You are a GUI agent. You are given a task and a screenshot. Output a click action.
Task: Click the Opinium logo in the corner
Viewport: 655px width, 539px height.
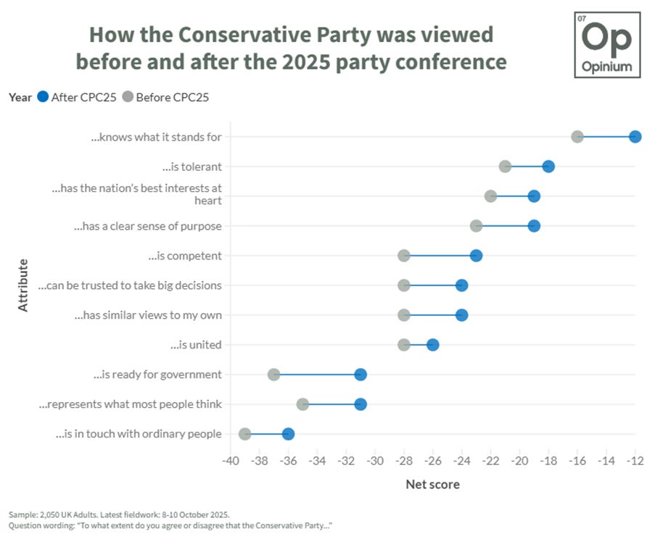pos(607,45)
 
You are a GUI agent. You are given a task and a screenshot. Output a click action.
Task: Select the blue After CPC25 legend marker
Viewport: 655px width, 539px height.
pos(43,97)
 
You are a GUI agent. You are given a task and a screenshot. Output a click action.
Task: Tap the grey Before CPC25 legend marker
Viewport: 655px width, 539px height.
pos(128,97)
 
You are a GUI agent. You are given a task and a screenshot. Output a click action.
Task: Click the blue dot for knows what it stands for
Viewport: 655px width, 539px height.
pos(635,137)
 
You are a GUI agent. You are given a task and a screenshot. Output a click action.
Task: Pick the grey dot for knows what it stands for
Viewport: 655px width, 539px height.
pos(577,137)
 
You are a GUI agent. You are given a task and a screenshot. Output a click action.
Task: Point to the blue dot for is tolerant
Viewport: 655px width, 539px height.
pos(548,167)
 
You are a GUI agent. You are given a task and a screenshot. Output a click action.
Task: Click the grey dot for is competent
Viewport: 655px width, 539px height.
pos(404,256)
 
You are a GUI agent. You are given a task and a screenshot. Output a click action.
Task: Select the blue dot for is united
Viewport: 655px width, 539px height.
pos(433,345)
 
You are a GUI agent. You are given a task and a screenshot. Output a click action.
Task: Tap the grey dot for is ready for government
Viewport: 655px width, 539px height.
pos(273,375)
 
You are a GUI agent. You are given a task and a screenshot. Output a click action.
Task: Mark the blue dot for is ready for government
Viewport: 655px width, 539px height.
pos(361,375)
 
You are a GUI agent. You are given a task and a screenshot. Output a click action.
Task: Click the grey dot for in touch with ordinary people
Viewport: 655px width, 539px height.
pos(245,434)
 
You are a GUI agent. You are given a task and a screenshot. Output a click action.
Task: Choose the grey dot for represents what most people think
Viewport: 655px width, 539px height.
pos(302,404)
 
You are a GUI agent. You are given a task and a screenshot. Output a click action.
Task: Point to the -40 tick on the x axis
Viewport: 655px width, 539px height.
pos(231,461)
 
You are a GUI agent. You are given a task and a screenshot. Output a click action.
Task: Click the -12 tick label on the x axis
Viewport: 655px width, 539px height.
pos(635,461)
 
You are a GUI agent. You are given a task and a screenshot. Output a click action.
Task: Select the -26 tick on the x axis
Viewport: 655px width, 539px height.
pos(433,461)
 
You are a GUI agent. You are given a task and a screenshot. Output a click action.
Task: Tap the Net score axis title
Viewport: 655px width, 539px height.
pos(432,484)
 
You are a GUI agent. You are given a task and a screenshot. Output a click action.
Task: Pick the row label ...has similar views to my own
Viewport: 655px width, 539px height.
pos(148,315)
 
